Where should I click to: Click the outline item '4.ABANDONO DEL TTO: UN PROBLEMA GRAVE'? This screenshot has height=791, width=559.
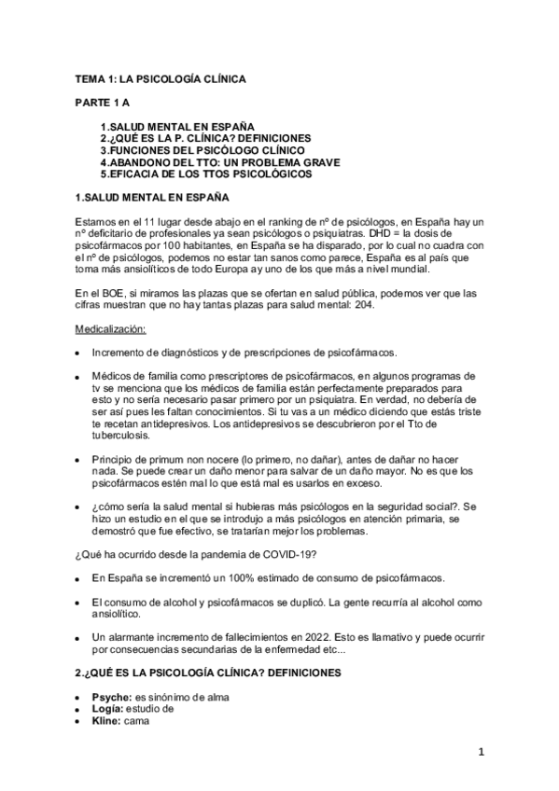coord(219,161)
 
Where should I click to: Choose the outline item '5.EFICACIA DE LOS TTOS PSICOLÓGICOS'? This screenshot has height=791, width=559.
coord(206,173)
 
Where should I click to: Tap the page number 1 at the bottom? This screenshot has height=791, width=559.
coord(479,752)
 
